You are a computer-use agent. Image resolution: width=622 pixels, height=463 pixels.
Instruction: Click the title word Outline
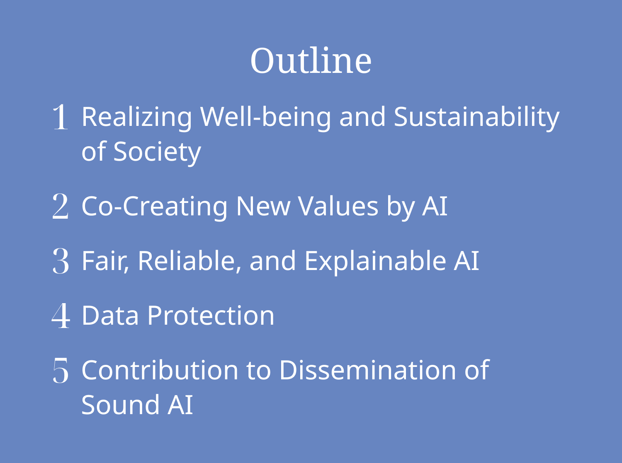coord(311,60)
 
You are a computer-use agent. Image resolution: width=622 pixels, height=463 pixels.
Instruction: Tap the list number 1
coord(61,117)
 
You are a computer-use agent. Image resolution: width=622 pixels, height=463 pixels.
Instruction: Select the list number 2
coord(61,206)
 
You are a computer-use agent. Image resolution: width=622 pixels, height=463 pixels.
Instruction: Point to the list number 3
coord(61,261)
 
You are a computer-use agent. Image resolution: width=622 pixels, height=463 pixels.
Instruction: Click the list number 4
coord(61,316)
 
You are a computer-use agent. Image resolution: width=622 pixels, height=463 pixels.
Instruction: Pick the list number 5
coord(61,371)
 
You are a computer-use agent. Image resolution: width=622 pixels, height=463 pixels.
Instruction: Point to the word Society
coord(157,153)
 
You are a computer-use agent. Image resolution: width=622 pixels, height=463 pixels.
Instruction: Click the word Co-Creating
coord(154,207)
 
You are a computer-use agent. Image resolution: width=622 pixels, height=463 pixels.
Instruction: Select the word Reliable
coord(190,261)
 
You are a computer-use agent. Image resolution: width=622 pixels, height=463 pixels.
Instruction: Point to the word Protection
coord(211,316)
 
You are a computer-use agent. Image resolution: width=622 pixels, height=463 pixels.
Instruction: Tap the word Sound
coord(120,405)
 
